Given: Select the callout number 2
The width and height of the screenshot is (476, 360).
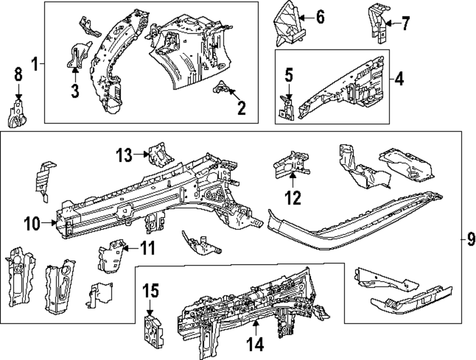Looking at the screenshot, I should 242,108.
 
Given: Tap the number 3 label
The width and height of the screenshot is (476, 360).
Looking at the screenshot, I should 75,91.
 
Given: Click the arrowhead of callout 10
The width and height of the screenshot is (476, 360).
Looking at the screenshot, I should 56,222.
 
